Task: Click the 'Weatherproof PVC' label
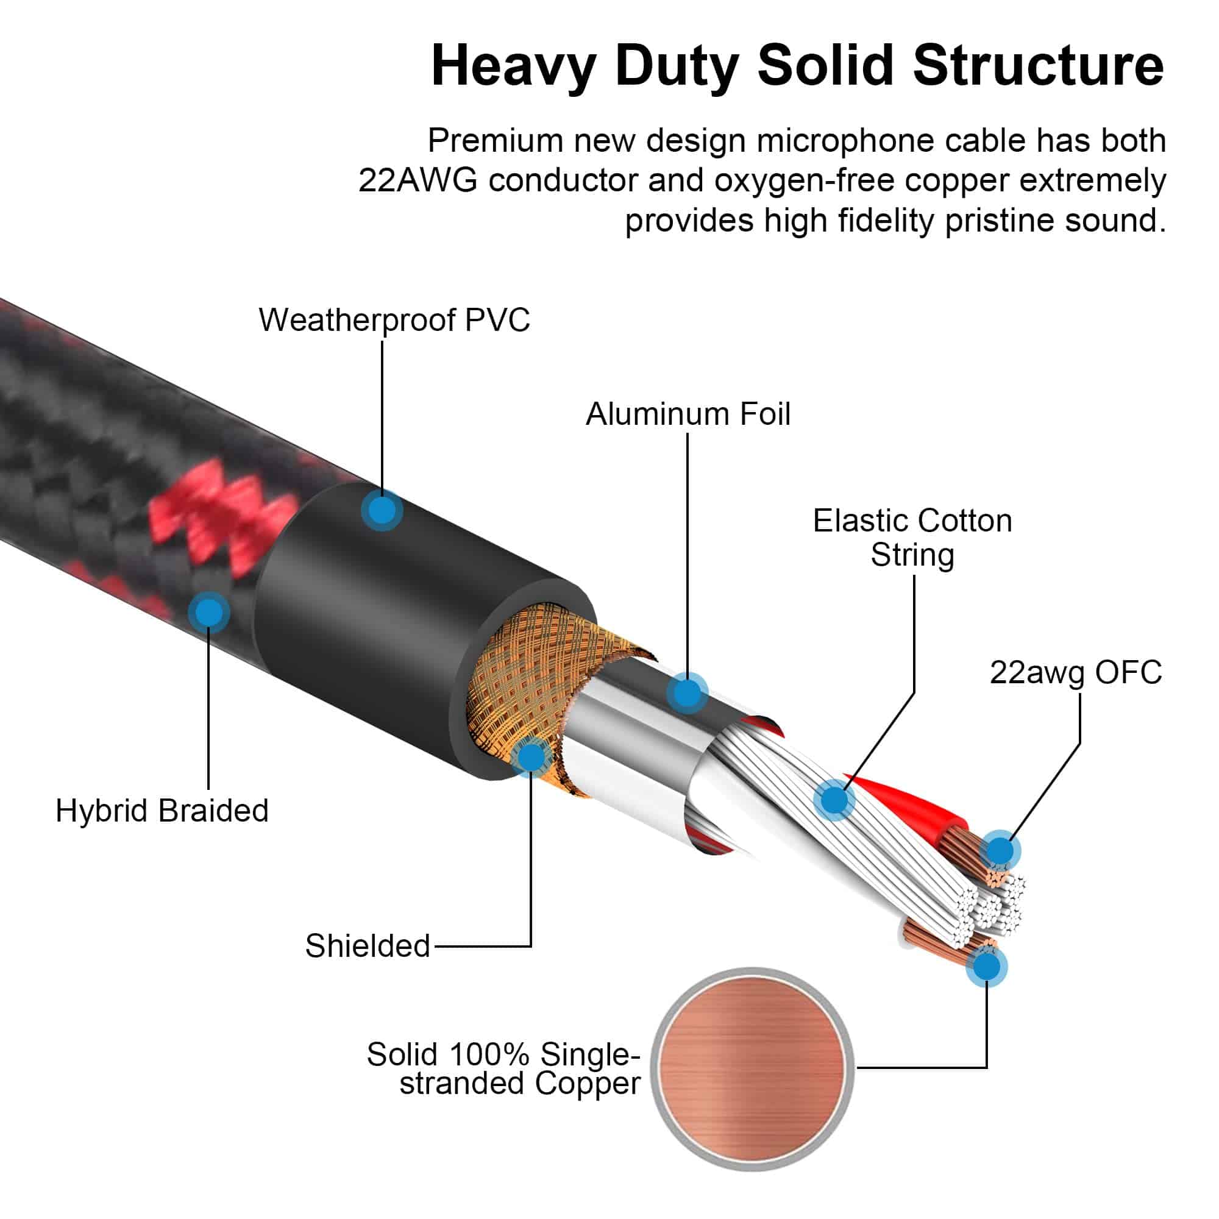(x=394, y=320)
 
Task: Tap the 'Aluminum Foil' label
(x=688, y=414)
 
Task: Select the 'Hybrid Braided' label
(x=162, y=811)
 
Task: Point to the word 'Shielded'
(x=367, y=946)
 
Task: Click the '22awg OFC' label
(x=1075, y=673)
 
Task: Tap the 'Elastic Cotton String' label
(x=912, y=538)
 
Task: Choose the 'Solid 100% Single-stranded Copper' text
(x=503, y=1069)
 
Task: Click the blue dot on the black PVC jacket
(x=382, y=510)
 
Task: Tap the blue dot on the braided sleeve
(x=209, y=612)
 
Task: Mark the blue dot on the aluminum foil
(x=687, y=694)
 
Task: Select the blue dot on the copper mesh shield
(x=531, y=756)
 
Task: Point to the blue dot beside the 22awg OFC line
(x=1000, y=850)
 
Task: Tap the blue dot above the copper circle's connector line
(x=986, y=967)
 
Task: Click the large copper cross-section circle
(x=752, y=1069)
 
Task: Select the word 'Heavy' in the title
(x=513, y=67)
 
